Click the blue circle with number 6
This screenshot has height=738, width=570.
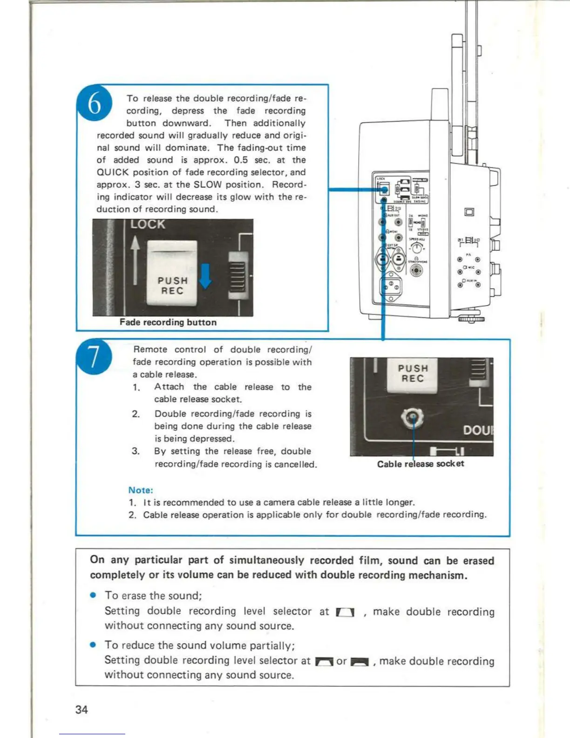94,103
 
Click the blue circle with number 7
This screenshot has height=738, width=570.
94,357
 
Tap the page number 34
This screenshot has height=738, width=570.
81,709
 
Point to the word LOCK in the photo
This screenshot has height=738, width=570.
147,225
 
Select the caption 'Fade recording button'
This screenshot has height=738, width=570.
168,322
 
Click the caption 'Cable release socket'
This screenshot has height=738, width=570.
420,464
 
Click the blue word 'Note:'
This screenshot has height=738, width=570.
141,490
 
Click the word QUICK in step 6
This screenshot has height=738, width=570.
112,172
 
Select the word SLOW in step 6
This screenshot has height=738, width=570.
207,184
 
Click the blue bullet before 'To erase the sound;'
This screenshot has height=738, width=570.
93,595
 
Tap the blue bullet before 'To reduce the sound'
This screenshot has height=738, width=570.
93,645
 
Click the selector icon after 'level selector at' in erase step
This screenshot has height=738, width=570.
345,612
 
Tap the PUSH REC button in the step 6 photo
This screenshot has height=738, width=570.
172,273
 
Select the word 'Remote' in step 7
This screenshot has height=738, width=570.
150,349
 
